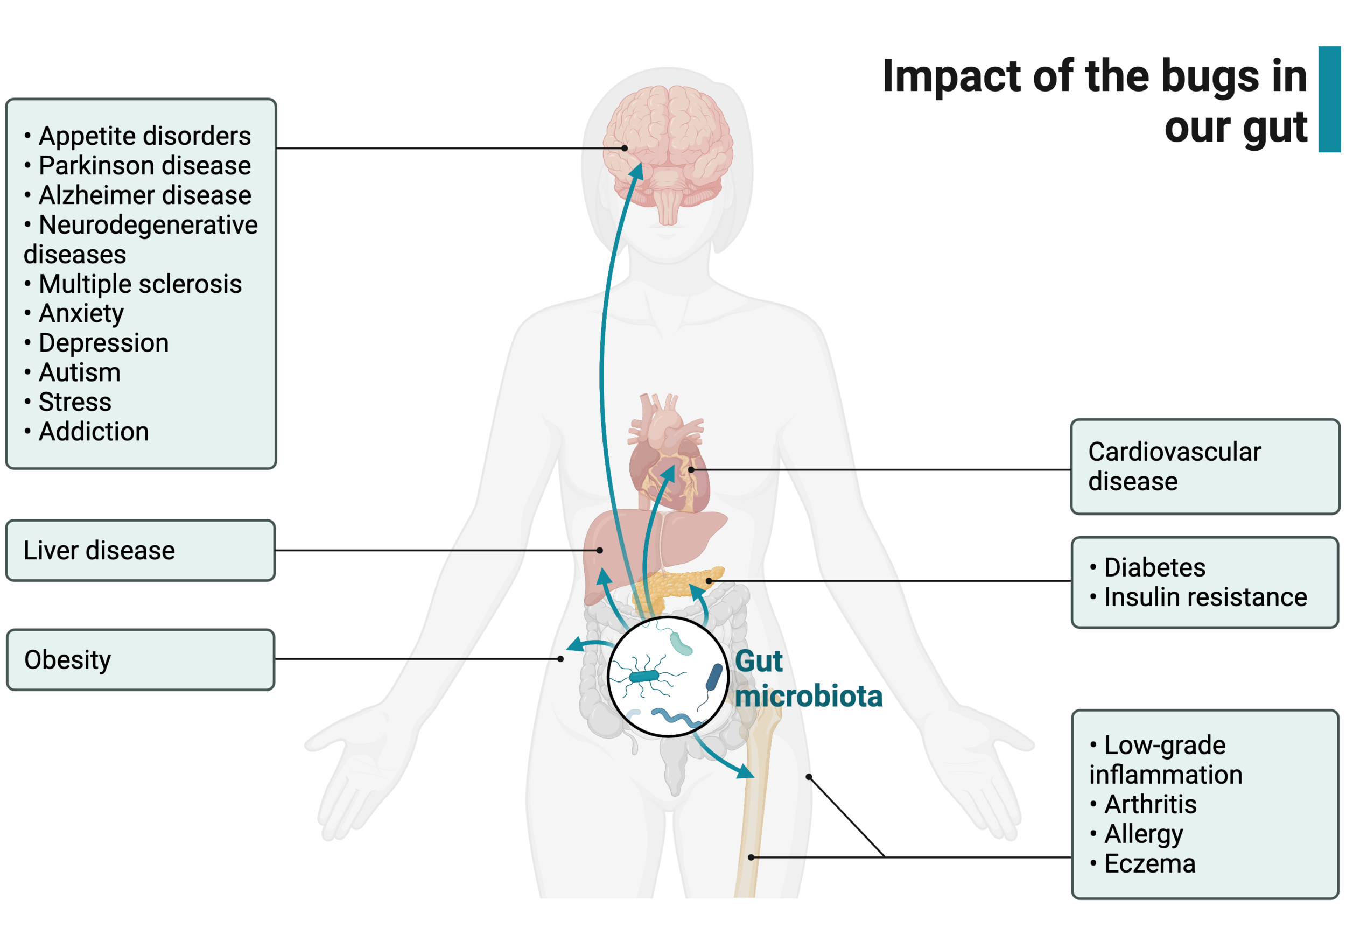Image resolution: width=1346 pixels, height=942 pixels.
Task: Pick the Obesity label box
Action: pyautogui.click(x=140, y=659)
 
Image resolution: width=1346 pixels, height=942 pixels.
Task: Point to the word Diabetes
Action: pyautogui.click(x=1154, y=567)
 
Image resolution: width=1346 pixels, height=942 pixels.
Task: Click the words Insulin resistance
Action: pyautogui.click(x=1205, y=597)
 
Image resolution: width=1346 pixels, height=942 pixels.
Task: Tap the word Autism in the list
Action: pyautogui.click(x=80, y=373)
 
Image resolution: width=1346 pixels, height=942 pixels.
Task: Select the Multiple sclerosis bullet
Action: pyautogui.click(x=139, y=284)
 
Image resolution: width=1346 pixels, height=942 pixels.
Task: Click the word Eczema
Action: pyautogui.click(x=1149, y=863)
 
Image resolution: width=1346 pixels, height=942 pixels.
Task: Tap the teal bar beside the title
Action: pyautogui.click(x=1329, y=99)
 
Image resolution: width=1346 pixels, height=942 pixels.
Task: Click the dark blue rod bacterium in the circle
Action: pyautogui.click(x=713, y=678)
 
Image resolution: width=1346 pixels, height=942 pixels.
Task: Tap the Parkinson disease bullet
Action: pyautogui.click(x=144, y=166)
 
